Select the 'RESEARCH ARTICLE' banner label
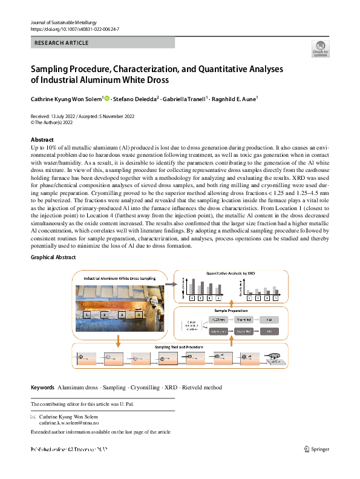pyautogui.click(x=62, y=43)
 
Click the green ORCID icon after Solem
pyautogui.click(x=107, y=97)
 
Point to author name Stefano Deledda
pyautogui.click(x=135, y=98)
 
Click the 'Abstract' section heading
pyautogui.click(x=42, y=140)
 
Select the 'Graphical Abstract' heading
pyautogui.click(x=53, y=257)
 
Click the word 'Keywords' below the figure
pyautogui.click(x=42, y=387)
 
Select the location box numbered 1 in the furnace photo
pyautogui.click(x=88, y=315)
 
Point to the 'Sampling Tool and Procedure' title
pyautogui.click(x=179, y=346)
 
